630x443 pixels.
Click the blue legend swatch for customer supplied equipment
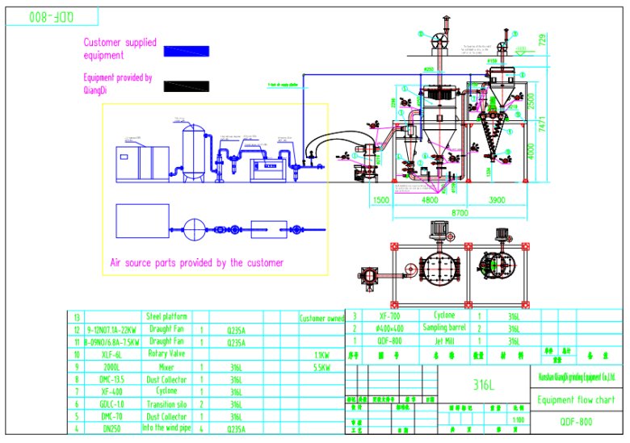pyautogui.click(x=187, y=50)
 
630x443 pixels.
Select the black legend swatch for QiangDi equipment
pyautogui.click(x=187, y=86)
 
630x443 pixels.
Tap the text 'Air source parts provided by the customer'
pyautogui.click(x=196, y=263)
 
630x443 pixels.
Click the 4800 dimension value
pyautogui.click(x=429, y=199)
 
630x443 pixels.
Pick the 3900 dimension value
pyautogui.click(x=497, y=199)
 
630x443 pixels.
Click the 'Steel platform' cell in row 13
pyautogui.click(x=166, y=317)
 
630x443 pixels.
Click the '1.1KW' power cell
pyautogui.click(x=321, y=353)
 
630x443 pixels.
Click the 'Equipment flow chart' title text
pyautogui.click(x=576, y=400)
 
